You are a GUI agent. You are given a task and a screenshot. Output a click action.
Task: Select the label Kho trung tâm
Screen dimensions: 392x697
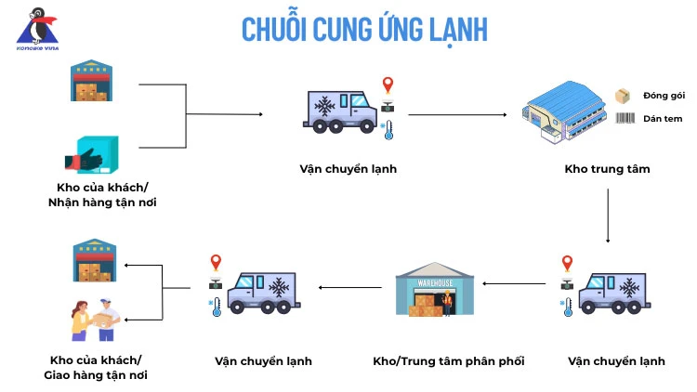point(607,169)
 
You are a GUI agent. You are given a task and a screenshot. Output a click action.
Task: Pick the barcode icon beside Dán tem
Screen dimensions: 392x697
point(624,119)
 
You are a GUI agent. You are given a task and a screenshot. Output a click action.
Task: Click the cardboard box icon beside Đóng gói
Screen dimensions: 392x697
point(624,96)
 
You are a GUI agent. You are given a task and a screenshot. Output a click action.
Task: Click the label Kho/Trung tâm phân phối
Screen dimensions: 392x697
point(435,360)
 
